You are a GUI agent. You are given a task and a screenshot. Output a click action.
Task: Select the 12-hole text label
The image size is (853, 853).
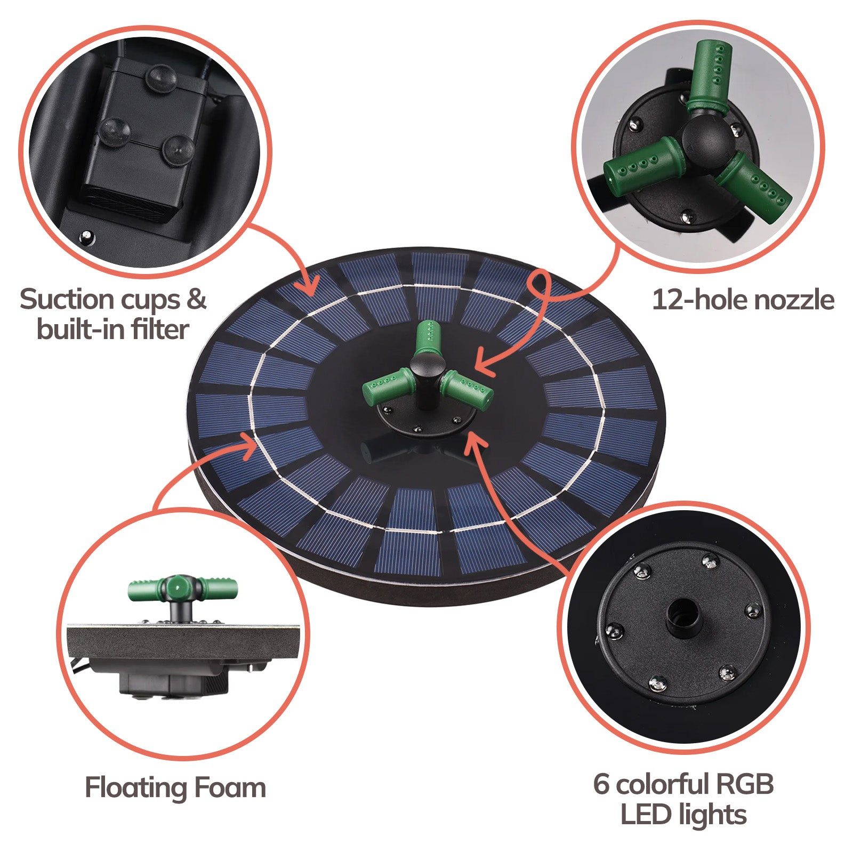tap(693, 300)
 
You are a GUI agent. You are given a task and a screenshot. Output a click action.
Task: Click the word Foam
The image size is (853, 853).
tap(230, 787)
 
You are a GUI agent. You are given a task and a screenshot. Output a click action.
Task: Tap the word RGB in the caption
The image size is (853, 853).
tap(744, 784)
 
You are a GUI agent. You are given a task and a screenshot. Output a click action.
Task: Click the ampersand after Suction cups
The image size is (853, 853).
tap(196, 299)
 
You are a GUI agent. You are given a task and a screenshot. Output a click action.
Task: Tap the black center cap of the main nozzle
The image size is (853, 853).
tap(428, 364)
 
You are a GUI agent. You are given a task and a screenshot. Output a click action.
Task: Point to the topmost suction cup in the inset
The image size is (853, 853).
tap(160, 76)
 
